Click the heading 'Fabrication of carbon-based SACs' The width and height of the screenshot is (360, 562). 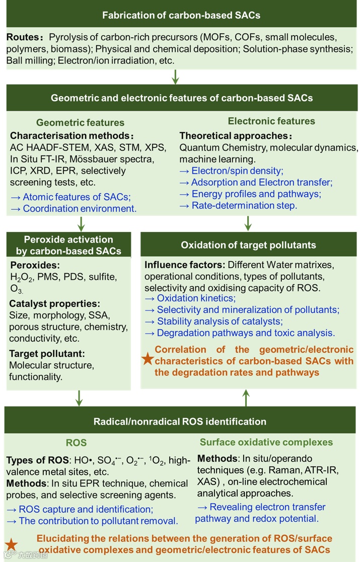coord(181,15)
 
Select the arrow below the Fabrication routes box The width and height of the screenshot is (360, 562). coord(175,76)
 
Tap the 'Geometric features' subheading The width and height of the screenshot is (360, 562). coord(80,122)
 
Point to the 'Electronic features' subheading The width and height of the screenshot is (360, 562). coord(271,121)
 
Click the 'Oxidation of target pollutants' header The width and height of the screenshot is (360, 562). coord(248,245)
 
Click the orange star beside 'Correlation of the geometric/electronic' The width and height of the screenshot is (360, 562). coord(148,359)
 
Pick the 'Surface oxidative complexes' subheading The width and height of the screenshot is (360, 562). coord(266,442)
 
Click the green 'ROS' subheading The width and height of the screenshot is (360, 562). coord(77,443)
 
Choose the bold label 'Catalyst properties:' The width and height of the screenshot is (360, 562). coord(54,304)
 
